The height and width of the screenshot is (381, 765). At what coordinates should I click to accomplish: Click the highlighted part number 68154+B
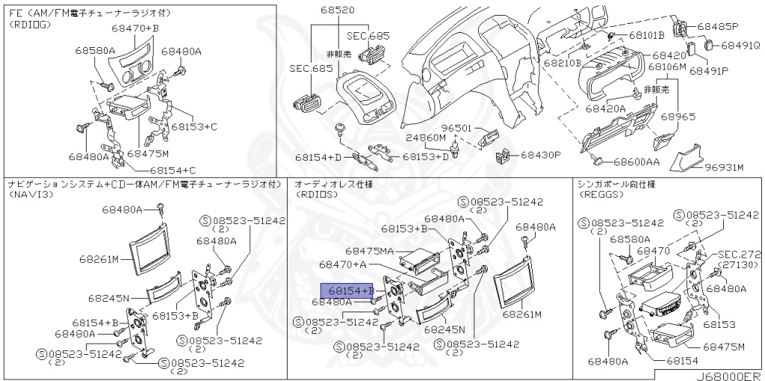tap(347, 290)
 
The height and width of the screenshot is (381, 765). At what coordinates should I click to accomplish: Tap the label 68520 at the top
tap(338, 10)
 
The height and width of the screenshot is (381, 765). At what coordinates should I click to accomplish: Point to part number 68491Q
tap(740, 46)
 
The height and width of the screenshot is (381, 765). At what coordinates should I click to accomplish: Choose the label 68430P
tap(540, 155)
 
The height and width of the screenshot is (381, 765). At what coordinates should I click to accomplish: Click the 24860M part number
tap(426, 138)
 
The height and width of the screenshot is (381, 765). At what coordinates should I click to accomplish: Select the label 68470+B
tap(135, 28)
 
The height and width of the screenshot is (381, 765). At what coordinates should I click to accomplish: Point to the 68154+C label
tap(160, 170)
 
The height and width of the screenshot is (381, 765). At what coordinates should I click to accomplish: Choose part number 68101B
tap(646, 35)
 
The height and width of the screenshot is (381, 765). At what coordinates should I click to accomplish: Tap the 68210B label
tap(563, 63)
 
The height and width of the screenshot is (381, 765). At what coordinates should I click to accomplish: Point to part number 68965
tap(678, 117)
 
